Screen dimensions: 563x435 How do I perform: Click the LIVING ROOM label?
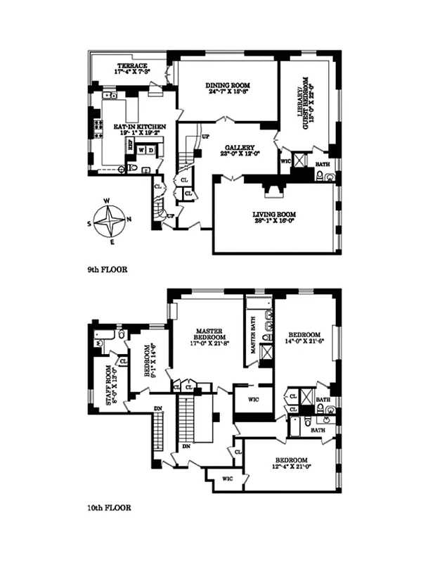point(274,214)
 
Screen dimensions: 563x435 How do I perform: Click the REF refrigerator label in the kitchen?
point(129,144)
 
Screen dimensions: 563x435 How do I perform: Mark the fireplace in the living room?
point(272,191)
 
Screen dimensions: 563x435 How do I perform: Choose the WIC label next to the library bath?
point(285,160)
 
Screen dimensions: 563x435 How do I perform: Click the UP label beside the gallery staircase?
point(206,136)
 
